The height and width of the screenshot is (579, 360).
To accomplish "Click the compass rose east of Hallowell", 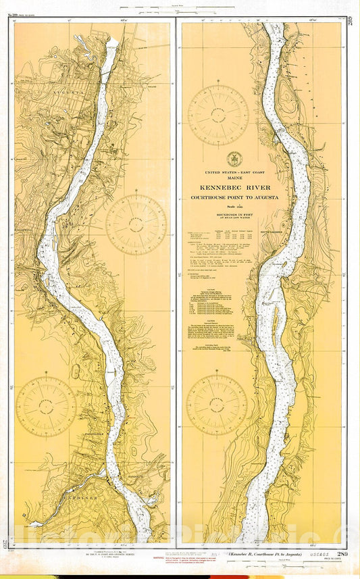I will click(x=136, y=224).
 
